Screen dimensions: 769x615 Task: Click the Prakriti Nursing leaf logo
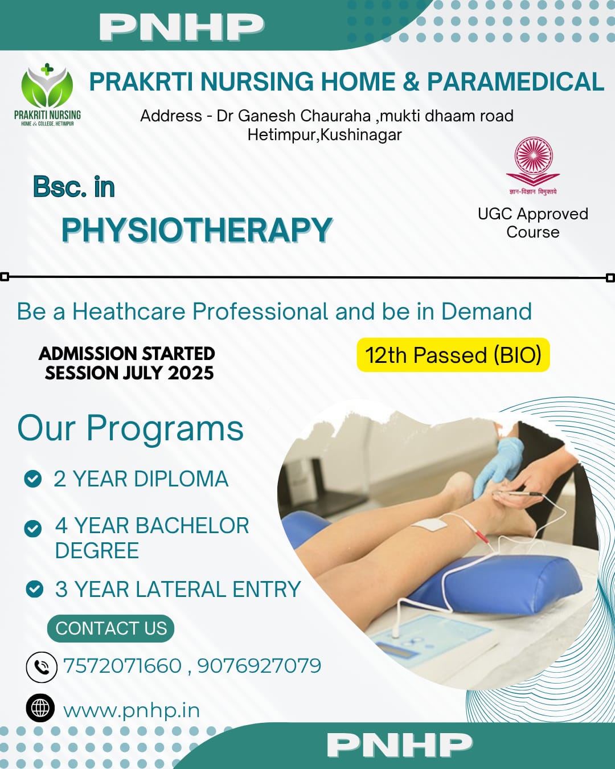pyautogui.click(x=47, y=88)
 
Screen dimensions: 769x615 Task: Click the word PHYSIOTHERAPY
pyautogui.click(x=196, y=230)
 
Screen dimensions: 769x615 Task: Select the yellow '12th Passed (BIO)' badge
pyautogui.click(x=453, y=355)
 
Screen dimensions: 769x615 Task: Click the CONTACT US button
pyautogui.click(x=111, y=628)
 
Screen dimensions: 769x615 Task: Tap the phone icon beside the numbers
pyautogui.click(x=42, y=666)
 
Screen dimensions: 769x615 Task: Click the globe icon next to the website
pyautogui.click(x=40, y=708)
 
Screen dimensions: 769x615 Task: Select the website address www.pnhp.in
pyautogui.click(x=132, y=710)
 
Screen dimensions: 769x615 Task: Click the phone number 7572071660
pyautogui.click(x=122, y=665)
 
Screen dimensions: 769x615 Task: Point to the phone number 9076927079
pyautogui.click(x=259, y=665)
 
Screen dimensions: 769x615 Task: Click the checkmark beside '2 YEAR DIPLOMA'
pyautogui.click(x=33, y=478)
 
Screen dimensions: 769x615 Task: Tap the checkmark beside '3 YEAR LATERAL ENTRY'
pyautogui.click(x=35, y=588)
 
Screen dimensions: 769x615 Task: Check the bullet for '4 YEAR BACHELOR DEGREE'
pyautogui.click(x=33, y=528)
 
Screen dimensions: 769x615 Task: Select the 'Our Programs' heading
pyautogui.click(x=130, y=428)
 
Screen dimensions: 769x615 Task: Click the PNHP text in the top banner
pyautogui.click(x=182, y=27)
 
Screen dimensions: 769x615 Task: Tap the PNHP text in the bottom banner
pyautogui.click(x=400, y=745)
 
